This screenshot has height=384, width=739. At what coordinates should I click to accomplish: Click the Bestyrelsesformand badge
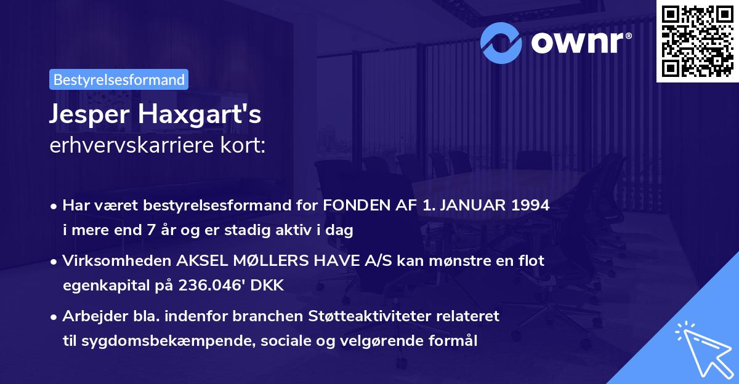[119, 79]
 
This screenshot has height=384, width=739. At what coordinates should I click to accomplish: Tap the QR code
[698, 41]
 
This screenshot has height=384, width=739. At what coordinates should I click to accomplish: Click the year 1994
[529, 206]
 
